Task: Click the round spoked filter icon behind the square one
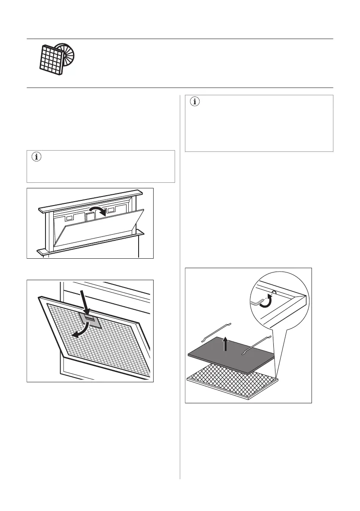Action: click(x=66, y=54)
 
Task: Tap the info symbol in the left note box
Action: click(x=36, y=158)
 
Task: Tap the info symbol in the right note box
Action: click(x=195, y=102)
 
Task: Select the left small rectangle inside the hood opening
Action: click(x=68, y=212)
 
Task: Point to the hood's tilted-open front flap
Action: click(x=99, y=230)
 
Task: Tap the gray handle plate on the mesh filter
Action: click(x=90, y=320)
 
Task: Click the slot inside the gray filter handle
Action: click(x=91, y=317)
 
